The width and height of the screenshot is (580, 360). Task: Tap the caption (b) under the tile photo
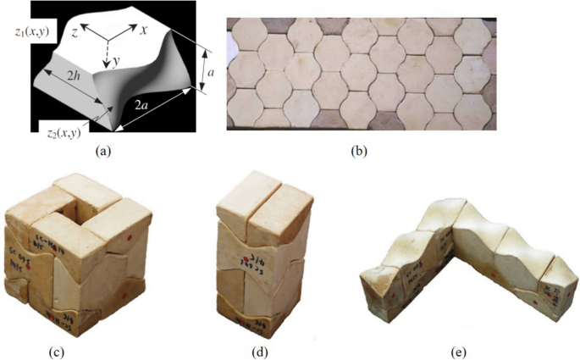tap(362, 152)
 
